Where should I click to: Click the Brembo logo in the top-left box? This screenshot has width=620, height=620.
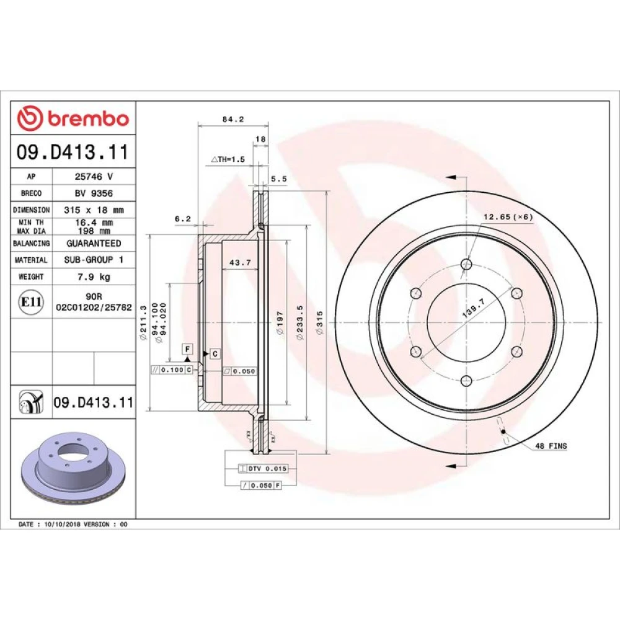click(x=73, y=118)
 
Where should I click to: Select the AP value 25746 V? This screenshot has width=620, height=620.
click(x=94, y=176)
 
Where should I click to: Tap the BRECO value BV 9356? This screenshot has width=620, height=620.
click(x=94, y=193)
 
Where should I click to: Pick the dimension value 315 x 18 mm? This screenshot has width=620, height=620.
click(x=94, y=210)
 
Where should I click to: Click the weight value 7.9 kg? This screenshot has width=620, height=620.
click(x=94, y=277)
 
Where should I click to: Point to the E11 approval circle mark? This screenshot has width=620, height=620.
click(x=31, y=302)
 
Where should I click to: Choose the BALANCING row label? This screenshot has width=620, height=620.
click(x=31, y=243)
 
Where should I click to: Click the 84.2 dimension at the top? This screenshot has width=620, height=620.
click(x=233, y=119)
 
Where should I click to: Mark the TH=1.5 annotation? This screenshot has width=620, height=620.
click(x=228, y=159)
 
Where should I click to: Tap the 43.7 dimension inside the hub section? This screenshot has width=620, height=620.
click(x=241, y=262)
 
